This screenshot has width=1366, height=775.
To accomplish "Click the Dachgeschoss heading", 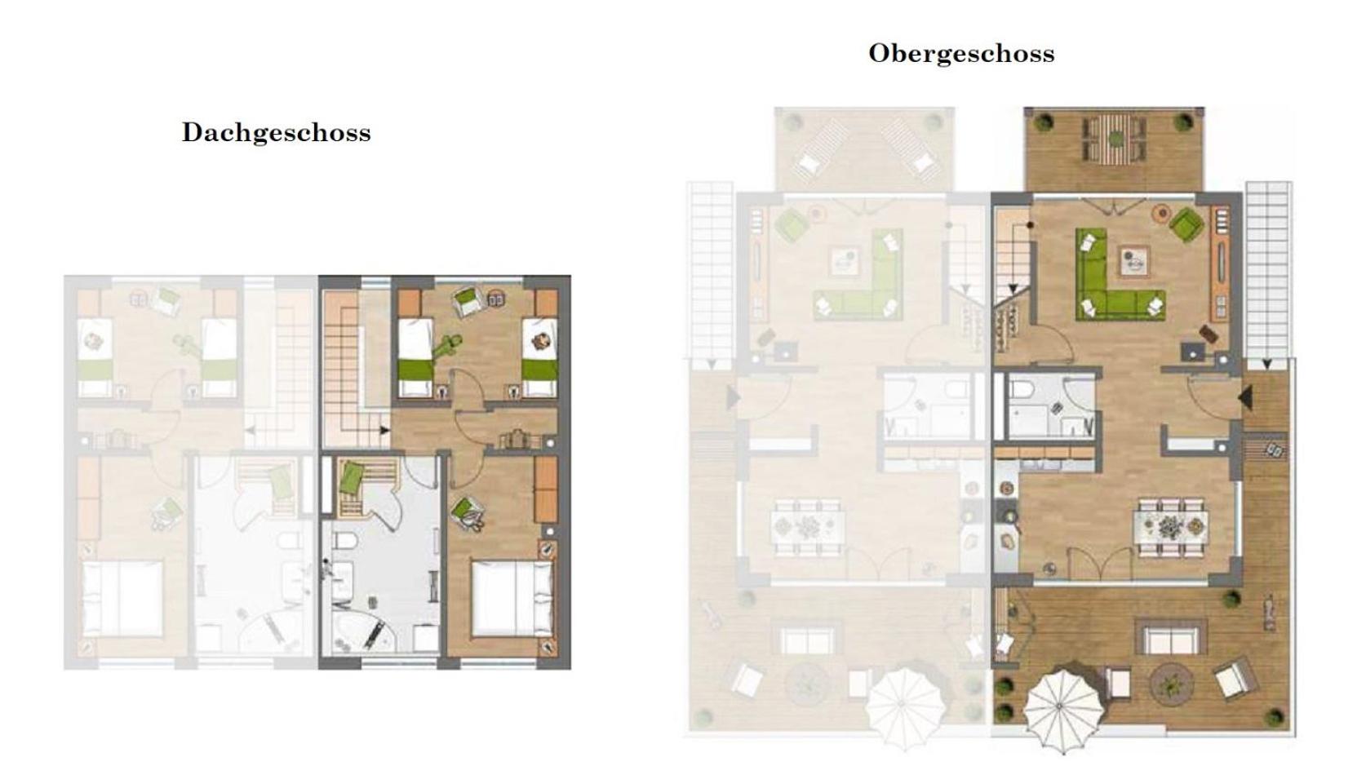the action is [277, 133].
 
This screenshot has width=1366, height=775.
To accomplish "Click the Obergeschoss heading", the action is [962, 54].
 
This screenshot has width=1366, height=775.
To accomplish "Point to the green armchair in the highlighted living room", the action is [1186, 224].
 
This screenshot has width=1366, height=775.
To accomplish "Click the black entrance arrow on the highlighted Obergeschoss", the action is [1245, 397].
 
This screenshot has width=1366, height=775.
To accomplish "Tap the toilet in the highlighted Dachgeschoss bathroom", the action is [345, 540].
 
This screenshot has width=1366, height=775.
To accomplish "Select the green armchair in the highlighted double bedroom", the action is [468, 513].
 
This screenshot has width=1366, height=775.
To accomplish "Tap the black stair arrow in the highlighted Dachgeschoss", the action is [385, 430].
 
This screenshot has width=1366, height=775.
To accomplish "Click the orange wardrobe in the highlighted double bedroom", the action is [546, 489].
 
